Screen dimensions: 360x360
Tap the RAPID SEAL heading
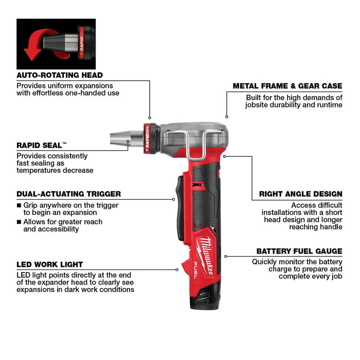[42, 146]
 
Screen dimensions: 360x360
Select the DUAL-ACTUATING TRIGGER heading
[68, 194]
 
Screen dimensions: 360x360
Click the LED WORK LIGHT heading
[49, 264]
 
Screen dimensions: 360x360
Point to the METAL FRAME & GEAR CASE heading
[287, 86]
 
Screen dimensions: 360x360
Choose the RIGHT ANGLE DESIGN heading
[300, 194]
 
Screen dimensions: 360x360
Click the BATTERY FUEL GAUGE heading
[299, 251]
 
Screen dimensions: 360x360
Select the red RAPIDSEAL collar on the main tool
[147, 139]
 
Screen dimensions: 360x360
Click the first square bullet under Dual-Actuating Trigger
[19, 205]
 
